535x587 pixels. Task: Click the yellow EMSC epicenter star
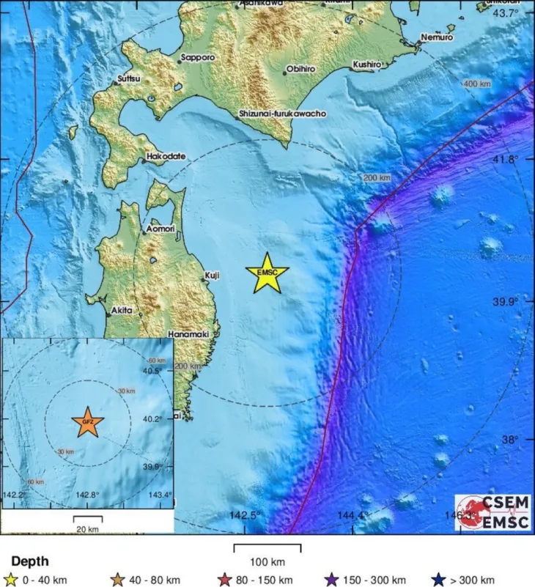[x=267, y=273]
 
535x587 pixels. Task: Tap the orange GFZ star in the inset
[x=87, y=423]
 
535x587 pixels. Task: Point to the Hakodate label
[x=166, y=156]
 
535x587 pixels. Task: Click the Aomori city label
[x=160, y=229]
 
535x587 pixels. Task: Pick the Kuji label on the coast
[x=212, y=275]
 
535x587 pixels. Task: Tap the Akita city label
[x=122, y=311]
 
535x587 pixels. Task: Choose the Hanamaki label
[x=189, y=334]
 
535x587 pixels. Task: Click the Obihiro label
[x=300, y=69]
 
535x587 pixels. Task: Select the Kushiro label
[x=367, y=64]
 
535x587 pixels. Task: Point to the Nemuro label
[x=437, y=37]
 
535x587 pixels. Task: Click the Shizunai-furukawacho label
[x=282, y=114]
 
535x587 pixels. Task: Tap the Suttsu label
[x=130, y=80]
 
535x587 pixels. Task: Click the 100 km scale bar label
[x=267, y=562]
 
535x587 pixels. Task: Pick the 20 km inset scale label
[x=88, y=528]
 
